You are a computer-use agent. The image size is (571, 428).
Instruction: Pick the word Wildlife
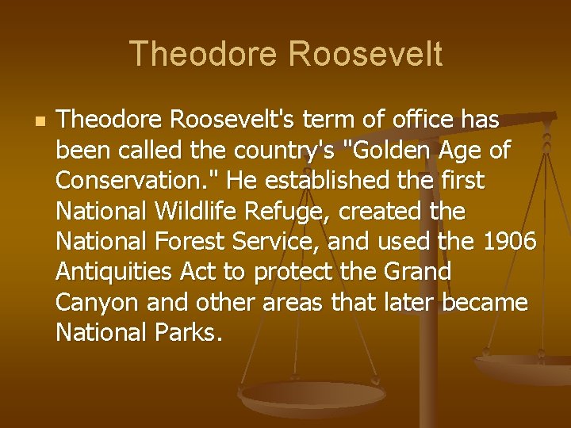(198, 212)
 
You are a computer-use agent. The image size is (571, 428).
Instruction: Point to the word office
(420, 120)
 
